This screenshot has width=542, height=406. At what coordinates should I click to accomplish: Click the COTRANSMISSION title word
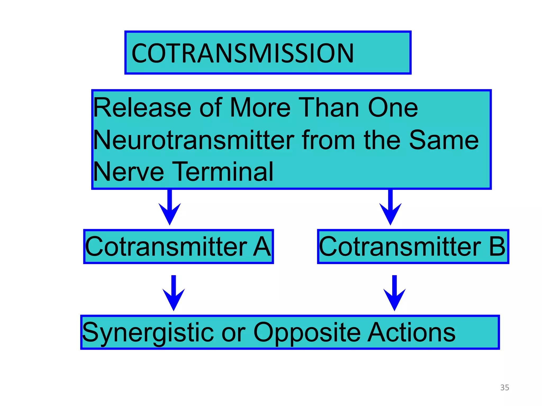point(242,53)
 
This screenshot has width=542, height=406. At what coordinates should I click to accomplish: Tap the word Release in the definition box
point(142,108)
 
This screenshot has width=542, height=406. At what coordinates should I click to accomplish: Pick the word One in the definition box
point(393,108)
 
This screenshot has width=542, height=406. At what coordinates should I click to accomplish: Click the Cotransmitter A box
point(178,246)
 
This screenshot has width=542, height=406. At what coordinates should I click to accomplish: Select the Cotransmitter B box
point(413,246)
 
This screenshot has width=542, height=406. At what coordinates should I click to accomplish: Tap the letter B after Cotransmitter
point(497,246)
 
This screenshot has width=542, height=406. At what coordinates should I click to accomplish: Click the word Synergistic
point(148,333)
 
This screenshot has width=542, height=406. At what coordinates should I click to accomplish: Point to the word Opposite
point(307,333)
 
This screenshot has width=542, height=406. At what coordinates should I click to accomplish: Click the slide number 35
point(504,387)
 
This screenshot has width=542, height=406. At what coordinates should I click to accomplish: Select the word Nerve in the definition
point(129,172)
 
